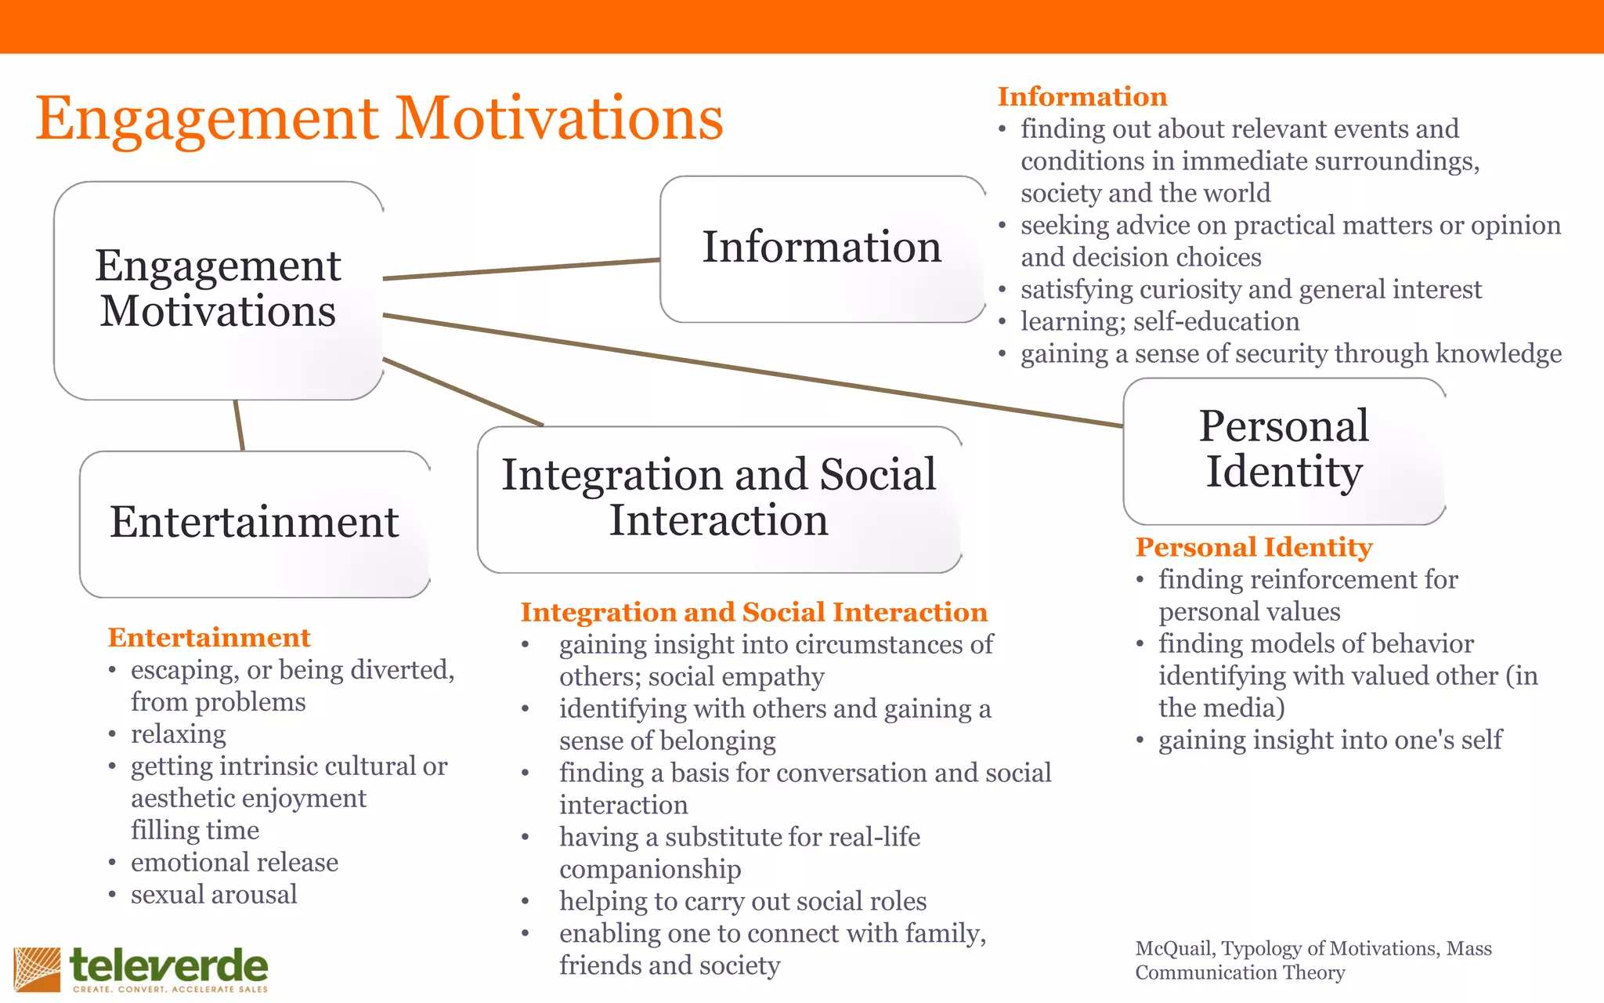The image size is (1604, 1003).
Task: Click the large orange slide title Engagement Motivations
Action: coord(379,119)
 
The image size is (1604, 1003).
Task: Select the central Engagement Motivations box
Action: coord(218,290)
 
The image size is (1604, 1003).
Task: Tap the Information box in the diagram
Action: coord(822,248)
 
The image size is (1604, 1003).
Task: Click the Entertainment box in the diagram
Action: coord(255,523)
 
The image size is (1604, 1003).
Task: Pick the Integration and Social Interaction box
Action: coord(719,498)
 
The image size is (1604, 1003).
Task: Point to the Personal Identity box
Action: coord(1284,450)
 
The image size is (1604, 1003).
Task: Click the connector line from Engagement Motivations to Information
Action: coord(521,269)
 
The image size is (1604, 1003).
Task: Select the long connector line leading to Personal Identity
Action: coord(752,370)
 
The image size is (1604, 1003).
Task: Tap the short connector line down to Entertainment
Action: coord(239,425)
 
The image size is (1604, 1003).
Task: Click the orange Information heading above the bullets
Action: coord(1082,96)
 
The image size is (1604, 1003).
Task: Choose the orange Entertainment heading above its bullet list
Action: coord(209,637)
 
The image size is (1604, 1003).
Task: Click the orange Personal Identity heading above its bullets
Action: coord(1254,547)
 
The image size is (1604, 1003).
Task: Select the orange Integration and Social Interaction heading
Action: coord(753,612)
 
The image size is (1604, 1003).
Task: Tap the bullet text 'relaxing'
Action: coord(179,734)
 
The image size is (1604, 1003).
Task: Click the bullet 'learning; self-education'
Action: coord(1159,321)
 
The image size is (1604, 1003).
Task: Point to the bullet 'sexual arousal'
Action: coord(214,895)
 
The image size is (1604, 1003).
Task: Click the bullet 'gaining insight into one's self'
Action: coord(1330,740)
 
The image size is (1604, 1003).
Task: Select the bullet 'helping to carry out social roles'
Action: coord(742,901)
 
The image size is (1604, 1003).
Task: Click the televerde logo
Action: coord(141,969)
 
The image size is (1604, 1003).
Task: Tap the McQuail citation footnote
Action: coord(1313,960)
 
